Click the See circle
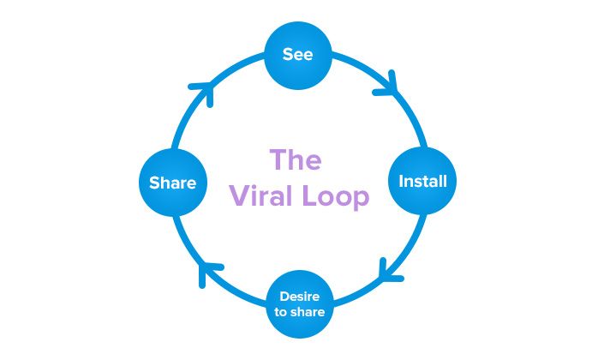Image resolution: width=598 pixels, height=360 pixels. click(298, 56)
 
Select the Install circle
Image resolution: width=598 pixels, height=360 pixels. click(422, 181)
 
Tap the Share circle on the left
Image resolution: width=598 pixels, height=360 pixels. click(173, 183)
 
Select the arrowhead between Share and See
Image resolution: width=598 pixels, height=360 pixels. click(204, 91)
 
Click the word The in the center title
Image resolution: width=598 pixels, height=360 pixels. click(296, 159)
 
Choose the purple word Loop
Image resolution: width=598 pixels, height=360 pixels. click(336, 197)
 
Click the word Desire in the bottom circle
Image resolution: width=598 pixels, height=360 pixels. click(299, 297)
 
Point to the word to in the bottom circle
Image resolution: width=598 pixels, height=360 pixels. click(280, 312)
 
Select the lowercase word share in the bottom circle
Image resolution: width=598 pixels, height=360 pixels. click(307, 312)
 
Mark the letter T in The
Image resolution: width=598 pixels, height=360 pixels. click(278, 159)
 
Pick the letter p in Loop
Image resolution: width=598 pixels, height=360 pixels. click(362, 200)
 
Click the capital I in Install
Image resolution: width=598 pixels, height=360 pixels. click(401, 181)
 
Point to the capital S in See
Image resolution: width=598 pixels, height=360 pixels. click(288, 54)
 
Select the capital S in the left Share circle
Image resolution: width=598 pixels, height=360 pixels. click(154, 183)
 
